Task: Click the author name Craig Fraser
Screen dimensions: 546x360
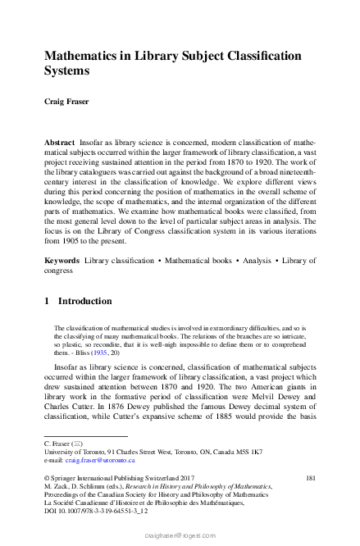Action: click(68, 102)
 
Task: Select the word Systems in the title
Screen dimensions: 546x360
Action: click(69, 71)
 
